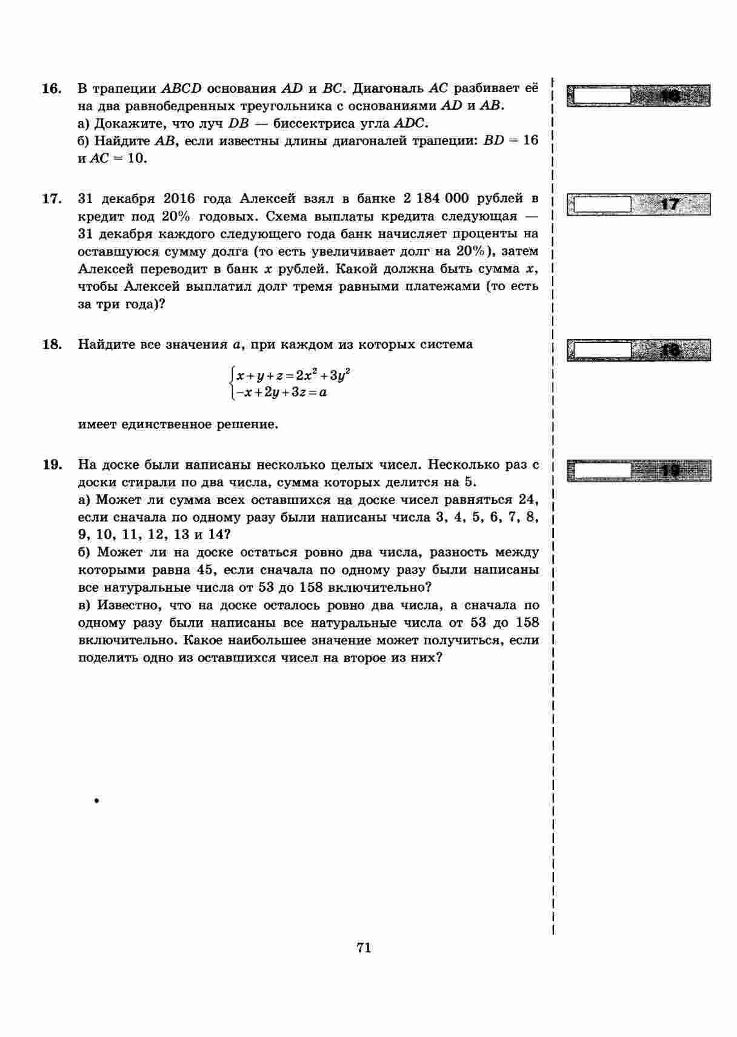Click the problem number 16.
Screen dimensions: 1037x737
52,89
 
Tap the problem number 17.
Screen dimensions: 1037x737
52,199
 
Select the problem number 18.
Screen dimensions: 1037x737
52,345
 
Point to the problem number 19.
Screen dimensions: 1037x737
52,465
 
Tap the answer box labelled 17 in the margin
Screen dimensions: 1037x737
638,204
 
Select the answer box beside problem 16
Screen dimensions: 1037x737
638,96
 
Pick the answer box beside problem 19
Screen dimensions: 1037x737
638,471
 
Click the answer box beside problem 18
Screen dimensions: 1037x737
638,350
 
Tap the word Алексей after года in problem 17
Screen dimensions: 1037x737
267,199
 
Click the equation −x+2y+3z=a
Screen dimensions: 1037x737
282,393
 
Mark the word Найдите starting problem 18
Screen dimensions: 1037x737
108,345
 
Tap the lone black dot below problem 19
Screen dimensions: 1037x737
96,801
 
